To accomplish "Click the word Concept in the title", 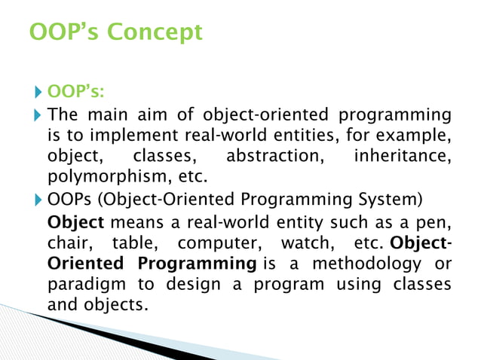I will pyautogui.click(x=157, y=32).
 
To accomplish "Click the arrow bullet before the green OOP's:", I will pyautogui.click(x=39, y=93).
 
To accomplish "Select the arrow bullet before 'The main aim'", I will pyautogui.click(x=39, y=115).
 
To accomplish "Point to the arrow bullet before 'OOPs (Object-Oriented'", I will pyautogui.click(x=39, y=200).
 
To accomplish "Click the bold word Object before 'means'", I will pyautogui.click(x=74, y=222).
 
